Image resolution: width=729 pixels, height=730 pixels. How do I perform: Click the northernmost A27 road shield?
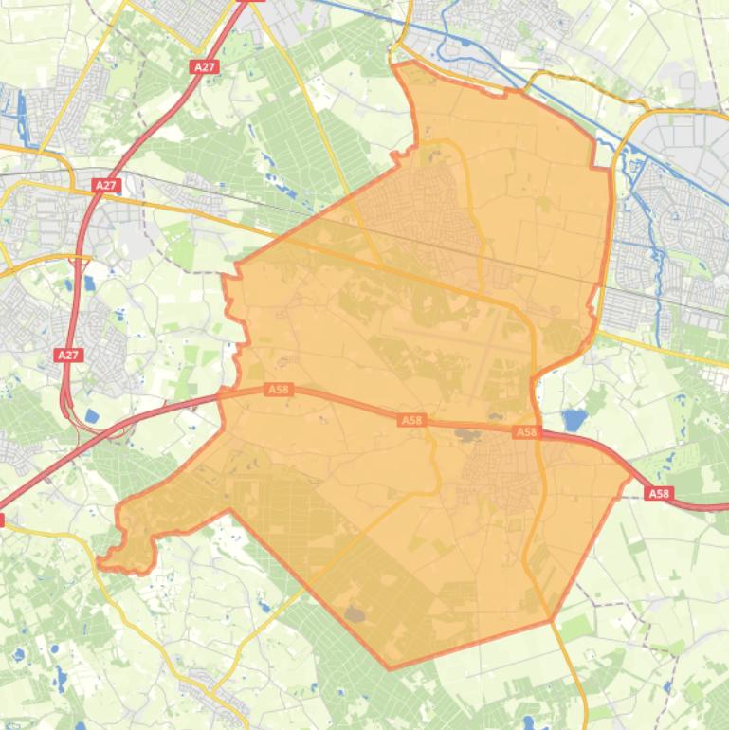pos(204,67)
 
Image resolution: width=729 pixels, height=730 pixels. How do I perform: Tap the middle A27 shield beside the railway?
pos(106,186)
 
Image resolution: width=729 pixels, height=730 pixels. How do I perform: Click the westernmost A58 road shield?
pos(278,389)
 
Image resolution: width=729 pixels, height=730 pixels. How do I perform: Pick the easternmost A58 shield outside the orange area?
pos(658,493)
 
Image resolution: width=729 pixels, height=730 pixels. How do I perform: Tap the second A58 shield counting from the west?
pos(410,420)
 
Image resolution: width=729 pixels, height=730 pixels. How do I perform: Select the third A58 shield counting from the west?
pos(526,432)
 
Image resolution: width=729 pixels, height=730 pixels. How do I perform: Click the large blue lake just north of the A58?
pos(574,419)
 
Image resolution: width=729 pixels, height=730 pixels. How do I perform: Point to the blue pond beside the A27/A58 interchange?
pos(92,415)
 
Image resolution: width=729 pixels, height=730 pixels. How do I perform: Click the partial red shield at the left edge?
pos(2,520)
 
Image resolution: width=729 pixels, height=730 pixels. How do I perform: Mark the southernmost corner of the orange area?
pos(390,667)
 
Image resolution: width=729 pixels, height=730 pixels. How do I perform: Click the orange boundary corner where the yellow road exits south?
pos(552,621)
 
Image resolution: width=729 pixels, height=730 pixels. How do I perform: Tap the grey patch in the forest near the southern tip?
pos(355,614)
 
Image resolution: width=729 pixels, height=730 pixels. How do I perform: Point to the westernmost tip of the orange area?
pos(100,566)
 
